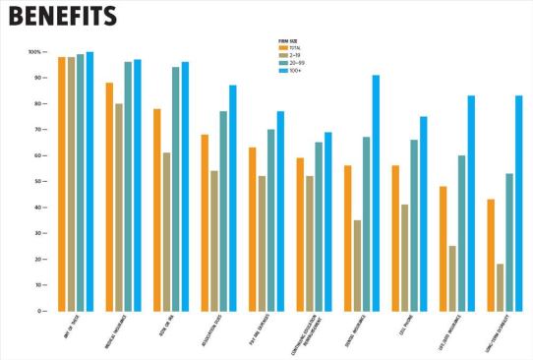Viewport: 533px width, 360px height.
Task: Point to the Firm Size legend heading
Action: point(289,39)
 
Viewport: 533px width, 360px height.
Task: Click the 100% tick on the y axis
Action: point(34,52)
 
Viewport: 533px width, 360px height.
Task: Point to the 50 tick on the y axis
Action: point(36,182)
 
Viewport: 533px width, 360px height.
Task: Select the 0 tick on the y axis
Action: point(38,311)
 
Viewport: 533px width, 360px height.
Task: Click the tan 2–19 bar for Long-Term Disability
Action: point(500,287)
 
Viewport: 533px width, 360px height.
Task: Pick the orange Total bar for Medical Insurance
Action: point(109,197)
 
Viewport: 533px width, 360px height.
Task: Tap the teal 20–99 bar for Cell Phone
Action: point(414,225)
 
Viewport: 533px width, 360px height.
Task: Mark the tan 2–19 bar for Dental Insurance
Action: point(356,266)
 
